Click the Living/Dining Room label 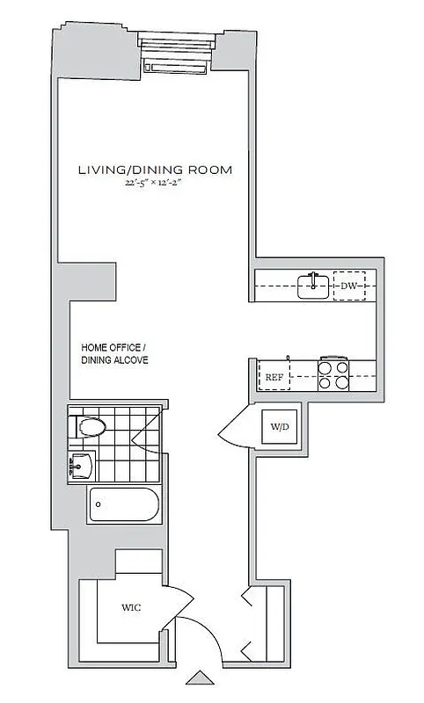point(155,170)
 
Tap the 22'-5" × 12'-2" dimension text point(155,184)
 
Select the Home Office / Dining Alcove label point(114,353)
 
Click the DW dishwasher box point(349,286)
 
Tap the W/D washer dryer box point(280,428)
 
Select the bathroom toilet point(89,428)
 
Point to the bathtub point(124,504)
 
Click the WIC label point(131,607)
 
